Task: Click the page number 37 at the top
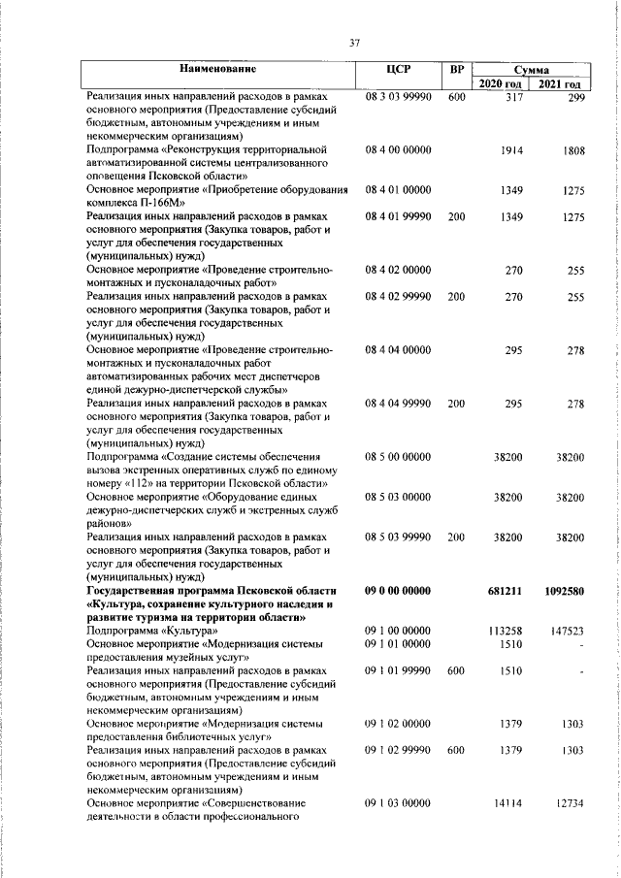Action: pos(355,42)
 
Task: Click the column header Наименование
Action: pos(219,70)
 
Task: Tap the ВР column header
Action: pos(458,70)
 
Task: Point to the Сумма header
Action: pos(532,70)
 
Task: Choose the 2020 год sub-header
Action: pos(503,84)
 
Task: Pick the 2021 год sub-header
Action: pos(562,84)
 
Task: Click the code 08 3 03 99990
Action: pos(398,98)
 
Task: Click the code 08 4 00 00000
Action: pos(398,151)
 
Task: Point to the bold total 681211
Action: pos(506,590)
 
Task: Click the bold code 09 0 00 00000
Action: pos(398,590)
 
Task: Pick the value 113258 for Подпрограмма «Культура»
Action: pos(506,631)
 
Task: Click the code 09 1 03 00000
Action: pos(398,803)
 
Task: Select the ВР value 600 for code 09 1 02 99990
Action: pos(458,750)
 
